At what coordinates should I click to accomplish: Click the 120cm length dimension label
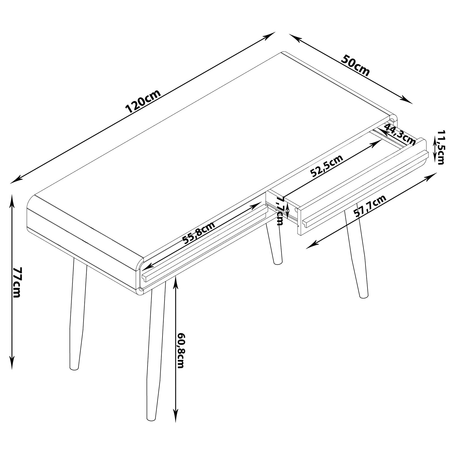click(x=143, y=101)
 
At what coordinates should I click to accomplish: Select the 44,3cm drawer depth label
click(x=399, y=134)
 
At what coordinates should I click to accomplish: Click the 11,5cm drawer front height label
click(x=441, y=147)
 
